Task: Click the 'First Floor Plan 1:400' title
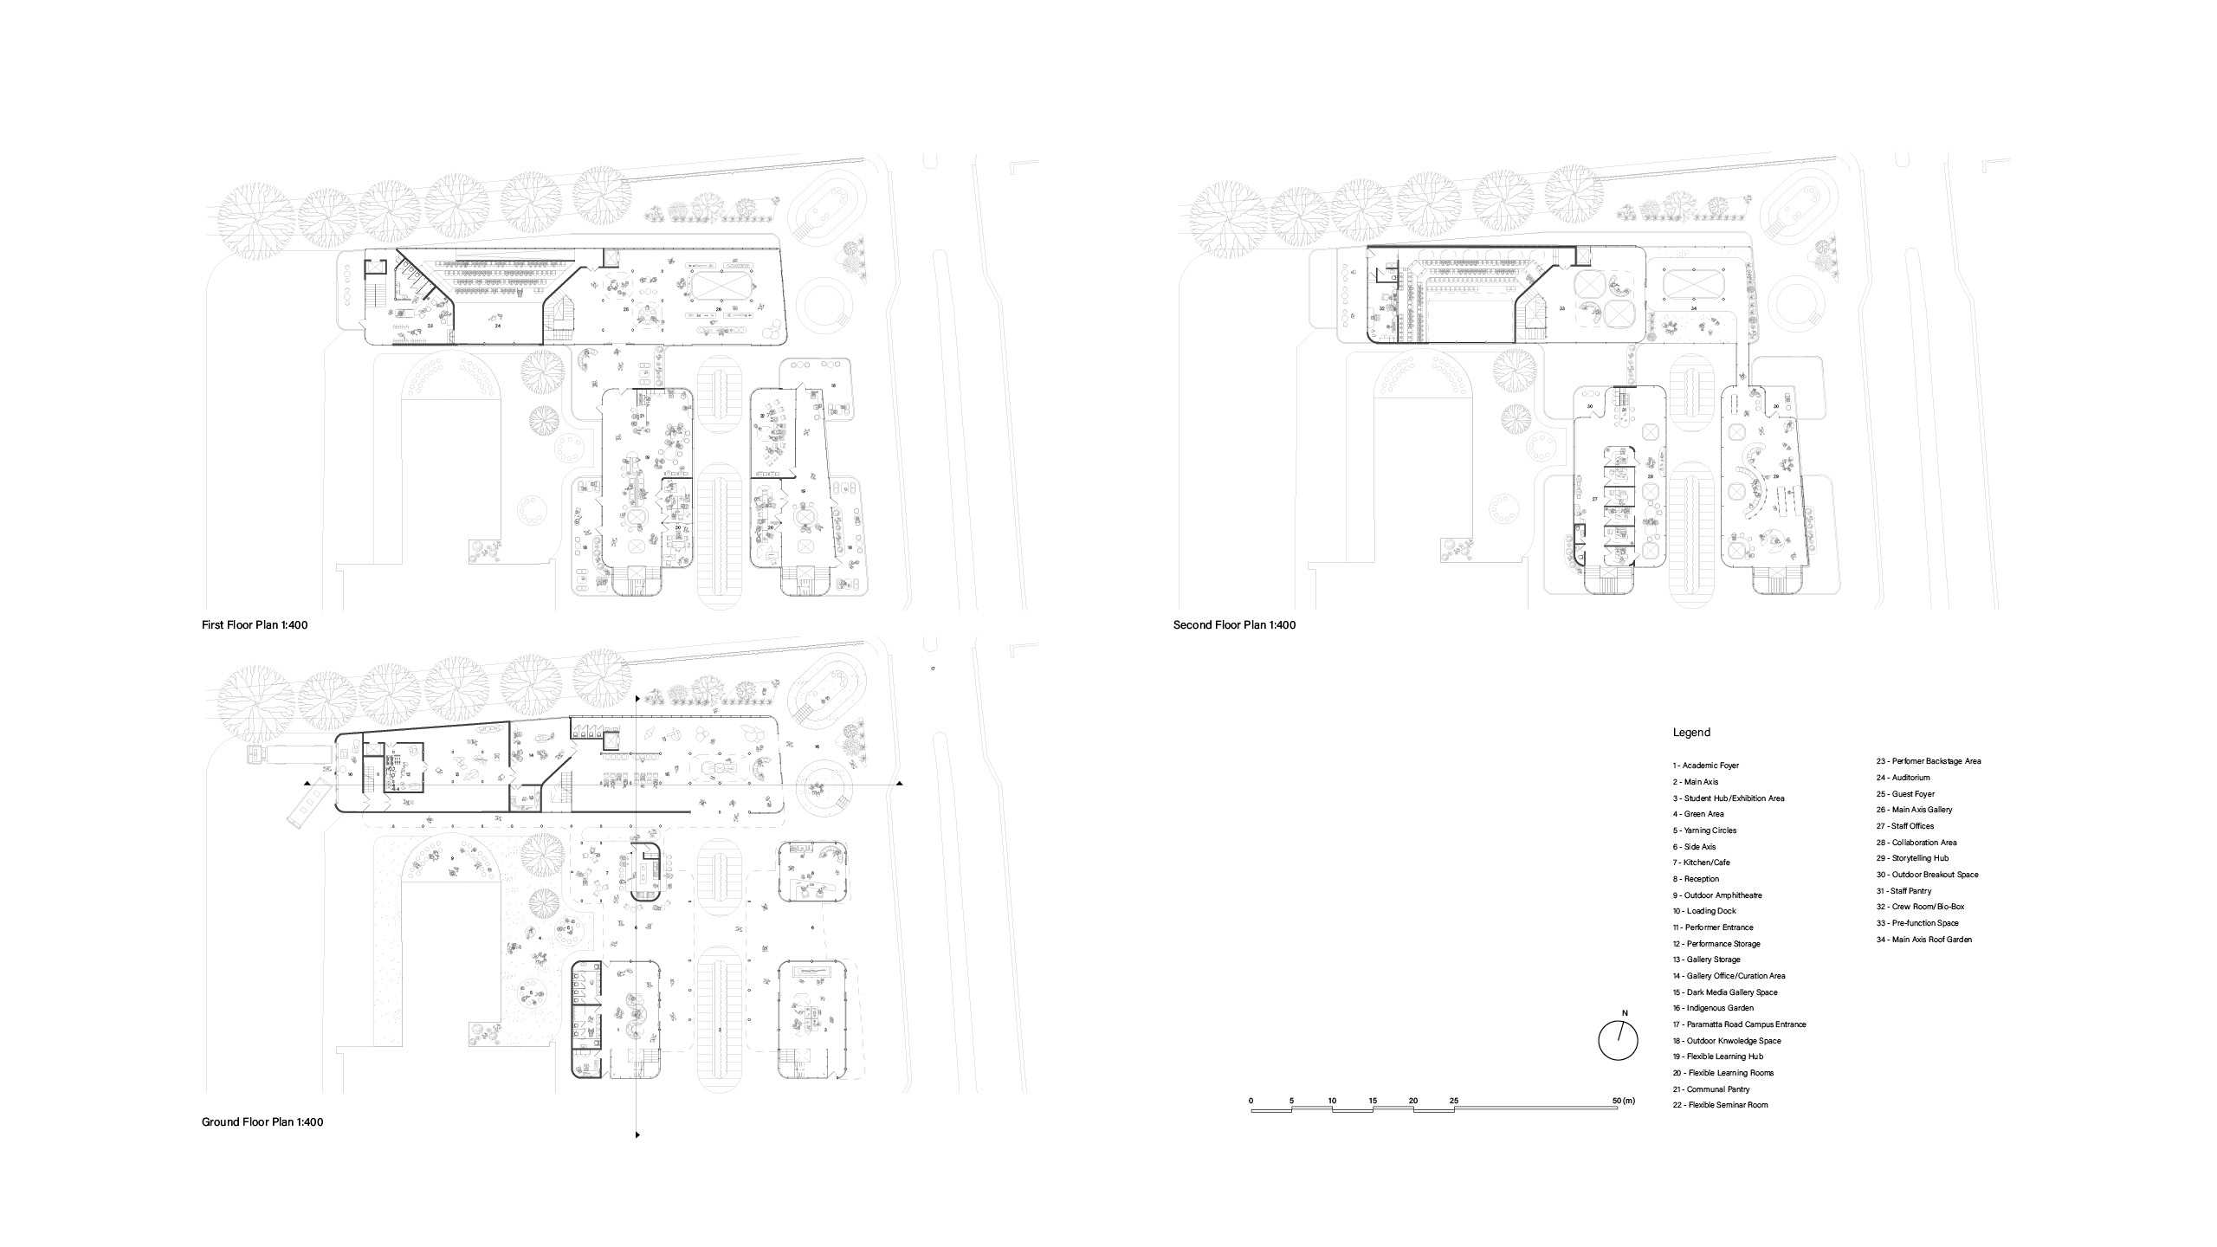254,624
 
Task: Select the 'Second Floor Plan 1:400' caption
1234,624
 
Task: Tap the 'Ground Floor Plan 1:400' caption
262,1121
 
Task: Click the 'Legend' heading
1690,733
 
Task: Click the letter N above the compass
1625,1012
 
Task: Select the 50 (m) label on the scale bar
1623,1101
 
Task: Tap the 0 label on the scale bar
1251,1101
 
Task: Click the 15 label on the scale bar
1373,1101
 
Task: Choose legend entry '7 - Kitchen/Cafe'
1701,863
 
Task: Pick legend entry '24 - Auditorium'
1903,778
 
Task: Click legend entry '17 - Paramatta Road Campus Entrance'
1739,1024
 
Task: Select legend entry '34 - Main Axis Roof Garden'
1923,940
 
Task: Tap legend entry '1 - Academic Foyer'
1705,766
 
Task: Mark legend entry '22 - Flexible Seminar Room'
1720,1105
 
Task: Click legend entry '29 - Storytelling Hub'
1912,858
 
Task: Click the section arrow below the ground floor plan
638,1134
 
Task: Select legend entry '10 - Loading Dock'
1703,911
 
